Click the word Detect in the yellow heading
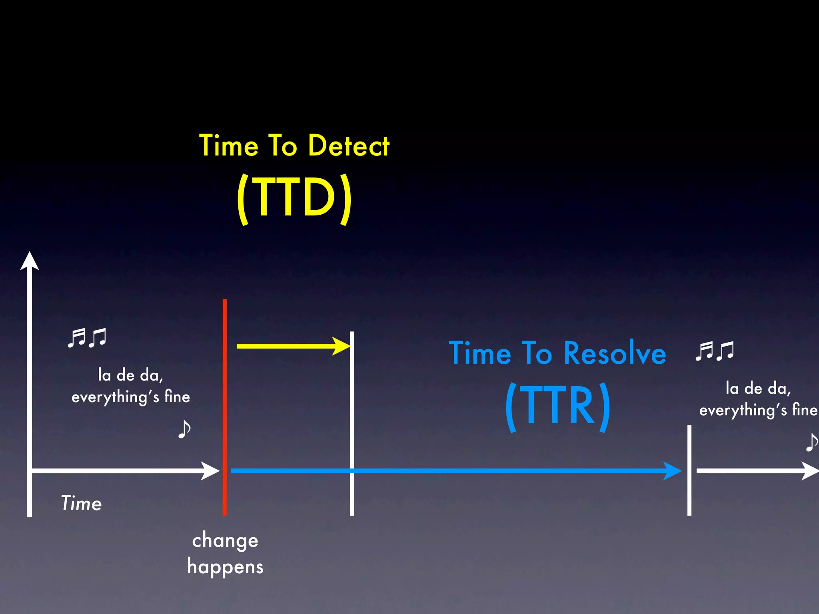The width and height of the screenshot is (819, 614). pyautogui.click(x=349, y=146)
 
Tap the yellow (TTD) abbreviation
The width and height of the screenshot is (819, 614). pyautogui.click(x=294, y=197)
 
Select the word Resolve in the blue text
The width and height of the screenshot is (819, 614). pyautogui.click(x=615, y=353)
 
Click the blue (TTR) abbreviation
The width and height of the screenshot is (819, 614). pyautogui.click(x=557, y=406)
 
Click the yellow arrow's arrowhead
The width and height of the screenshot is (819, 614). pyautogui.click(x=342, y=346)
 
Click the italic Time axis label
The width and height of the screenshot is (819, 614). pyautogui.click(x=82, y=503)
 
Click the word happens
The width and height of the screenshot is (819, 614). pyautogui.click(x=225, y=567)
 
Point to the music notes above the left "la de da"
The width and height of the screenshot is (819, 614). pyautogui.click(x=87, y=338)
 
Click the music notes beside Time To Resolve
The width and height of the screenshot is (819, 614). pyautogui.click(x=715, y=351)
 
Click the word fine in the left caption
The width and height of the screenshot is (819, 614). pyautogui.click(x=177, y=397)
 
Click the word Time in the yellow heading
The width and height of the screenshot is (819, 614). pyautogui.click(x=229, y=146)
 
